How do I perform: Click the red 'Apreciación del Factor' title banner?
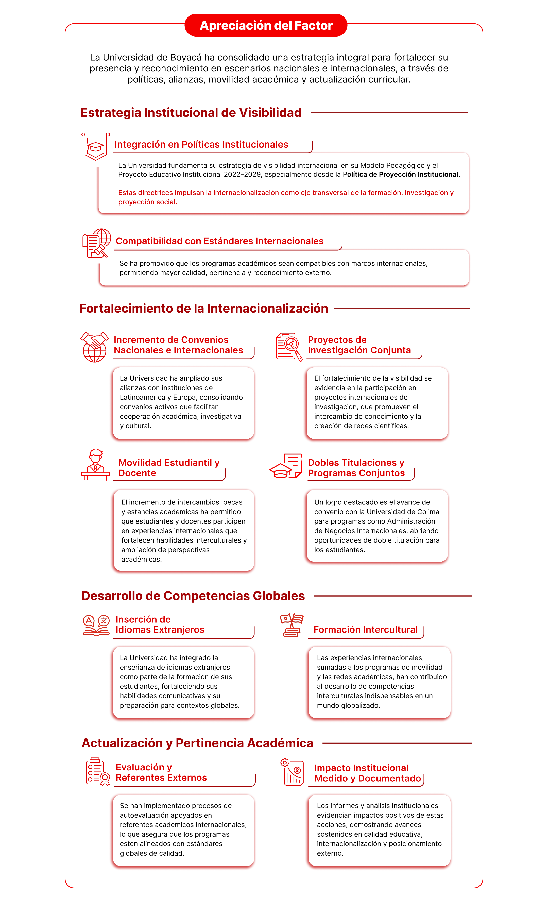pos(266,25)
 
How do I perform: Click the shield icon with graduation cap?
pos(95,147)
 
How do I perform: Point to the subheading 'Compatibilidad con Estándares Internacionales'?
pos(219,241)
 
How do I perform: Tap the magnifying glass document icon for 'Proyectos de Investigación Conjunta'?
pos(289,347)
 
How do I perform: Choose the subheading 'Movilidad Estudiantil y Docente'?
pos(169,468)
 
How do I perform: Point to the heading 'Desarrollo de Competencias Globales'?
pos(193,596)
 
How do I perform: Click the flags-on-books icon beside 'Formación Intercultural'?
pos(292,625)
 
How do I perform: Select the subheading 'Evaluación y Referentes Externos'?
pos(161,772)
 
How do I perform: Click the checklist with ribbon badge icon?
pos(97,772)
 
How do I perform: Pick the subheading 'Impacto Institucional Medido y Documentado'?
pos(367,773)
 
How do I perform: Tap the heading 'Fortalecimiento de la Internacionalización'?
pos(204,309)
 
